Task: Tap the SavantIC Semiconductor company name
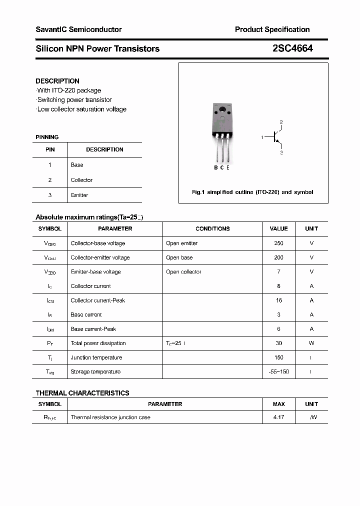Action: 78,29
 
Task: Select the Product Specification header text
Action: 272,29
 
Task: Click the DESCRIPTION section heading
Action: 57,81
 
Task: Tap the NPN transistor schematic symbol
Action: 275,137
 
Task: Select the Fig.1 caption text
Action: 252,192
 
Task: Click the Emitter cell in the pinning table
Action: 79,195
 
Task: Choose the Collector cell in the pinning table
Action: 81,180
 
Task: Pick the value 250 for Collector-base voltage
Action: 278,243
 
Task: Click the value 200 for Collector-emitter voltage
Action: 278,257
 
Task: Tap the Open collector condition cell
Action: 183,272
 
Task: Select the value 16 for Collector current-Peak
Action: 278,300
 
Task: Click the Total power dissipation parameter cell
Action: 98,343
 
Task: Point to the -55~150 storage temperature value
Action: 278,372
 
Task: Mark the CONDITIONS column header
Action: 212,229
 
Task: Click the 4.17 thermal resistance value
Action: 278,417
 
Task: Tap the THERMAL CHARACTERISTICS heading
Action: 82,393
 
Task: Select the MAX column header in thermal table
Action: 278,404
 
